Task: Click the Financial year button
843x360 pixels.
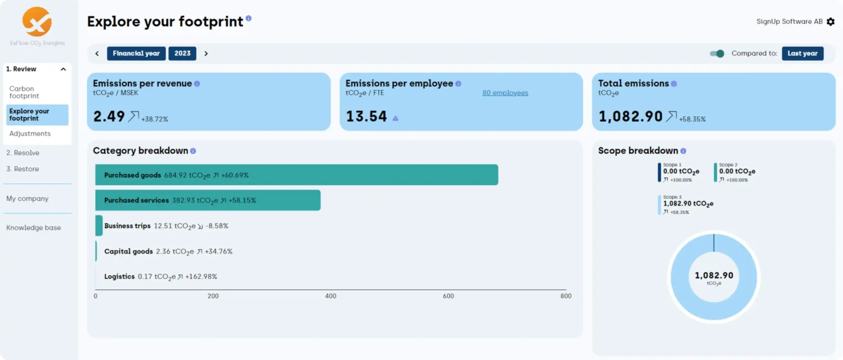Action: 136,53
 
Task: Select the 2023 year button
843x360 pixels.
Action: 182,53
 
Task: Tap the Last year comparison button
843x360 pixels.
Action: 802,53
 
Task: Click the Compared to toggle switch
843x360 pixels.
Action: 717,53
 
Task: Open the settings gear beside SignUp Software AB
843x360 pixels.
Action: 830,22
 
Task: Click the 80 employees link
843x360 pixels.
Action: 505,93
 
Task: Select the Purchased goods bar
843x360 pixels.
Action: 296,175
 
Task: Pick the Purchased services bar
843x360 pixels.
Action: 207,200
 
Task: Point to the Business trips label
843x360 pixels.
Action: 127,226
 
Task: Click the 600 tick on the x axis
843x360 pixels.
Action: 448,296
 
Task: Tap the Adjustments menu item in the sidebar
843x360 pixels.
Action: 30,134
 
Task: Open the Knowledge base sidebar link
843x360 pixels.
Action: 33,228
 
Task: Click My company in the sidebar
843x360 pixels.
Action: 27,199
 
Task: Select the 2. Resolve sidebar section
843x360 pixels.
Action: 23,153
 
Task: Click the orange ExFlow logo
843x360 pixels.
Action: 37,21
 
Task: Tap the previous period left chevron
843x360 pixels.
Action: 97,53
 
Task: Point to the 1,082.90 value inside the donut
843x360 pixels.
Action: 713,275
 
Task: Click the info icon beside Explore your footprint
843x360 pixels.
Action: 249,18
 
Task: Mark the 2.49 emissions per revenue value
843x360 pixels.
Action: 109,116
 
